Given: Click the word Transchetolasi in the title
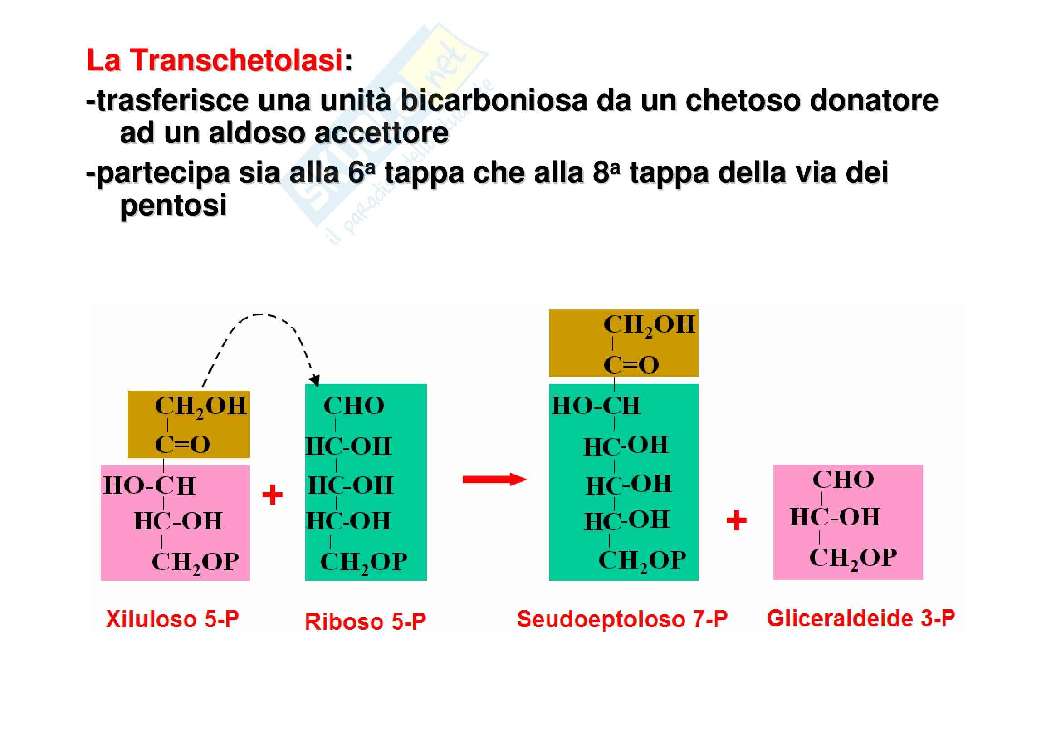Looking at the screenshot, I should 236,60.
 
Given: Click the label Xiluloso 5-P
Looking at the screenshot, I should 172,619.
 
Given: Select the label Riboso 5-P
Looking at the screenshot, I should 365,622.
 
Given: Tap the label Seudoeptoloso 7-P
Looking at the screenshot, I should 622,619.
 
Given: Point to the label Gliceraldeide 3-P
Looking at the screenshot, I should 861,618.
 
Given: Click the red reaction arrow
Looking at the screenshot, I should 494,480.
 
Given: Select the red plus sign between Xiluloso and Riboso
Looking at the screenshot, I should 272,495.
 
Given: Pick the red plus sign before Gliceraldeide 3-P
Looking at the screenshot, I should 737,521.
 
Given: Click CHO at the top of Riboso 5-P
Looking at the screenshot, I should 353,406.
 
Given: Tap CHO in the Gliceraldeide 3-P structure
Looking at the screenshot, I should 843,480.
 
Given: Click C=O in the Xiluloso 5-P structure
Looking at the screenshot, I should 182,445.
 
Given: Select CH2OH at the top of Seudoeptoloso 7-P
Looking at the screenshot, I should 649,325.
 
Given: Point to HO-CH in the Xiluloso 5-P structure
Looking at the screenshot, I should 149,486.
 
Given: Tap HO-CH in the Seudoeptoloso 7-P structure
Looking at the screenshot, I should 596,406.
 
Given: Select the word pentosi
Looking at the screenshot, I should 173,205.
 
